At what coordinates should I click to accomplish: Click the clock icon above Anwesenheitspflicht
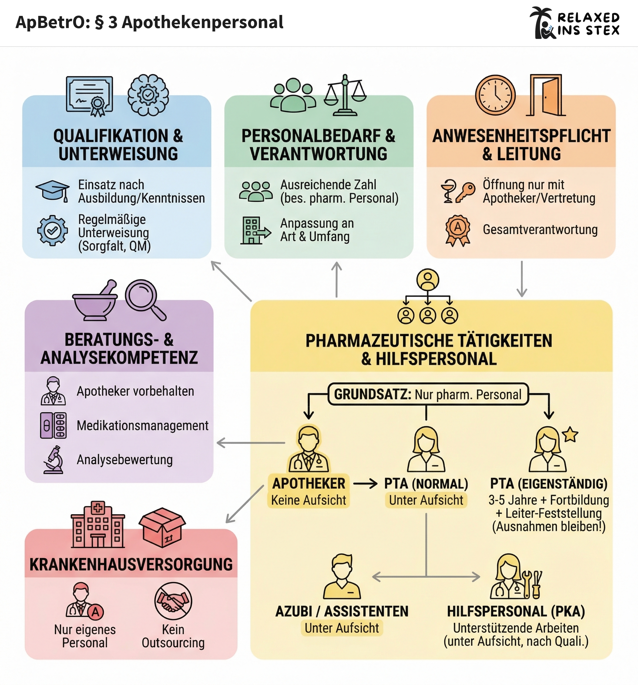tap(495, 95)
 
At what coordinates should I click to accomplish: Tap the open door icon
tap(546, 95)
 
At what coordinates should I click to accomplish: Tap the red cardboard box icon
tap(162, 527)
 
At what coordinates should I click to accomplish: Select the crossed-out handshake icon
tap(173, 601)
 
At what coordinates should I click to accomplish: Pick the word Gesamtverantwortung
tap(540, 229)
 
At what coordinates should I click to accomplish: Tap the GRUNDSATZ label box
tap(428, 394)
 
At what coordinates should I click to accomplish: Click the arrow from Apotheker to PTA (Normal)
tap(365, 484)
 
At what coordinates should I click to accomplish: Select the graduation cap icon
tap(52, 190)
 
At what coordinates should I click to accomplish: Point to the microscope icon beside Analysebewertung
tap(53, 460)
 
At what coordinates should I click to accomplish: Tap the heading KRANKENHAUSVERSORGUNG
tap(131, 564)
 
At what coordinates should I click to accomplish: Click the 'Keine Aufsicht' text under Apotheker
tap(308, 500)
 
